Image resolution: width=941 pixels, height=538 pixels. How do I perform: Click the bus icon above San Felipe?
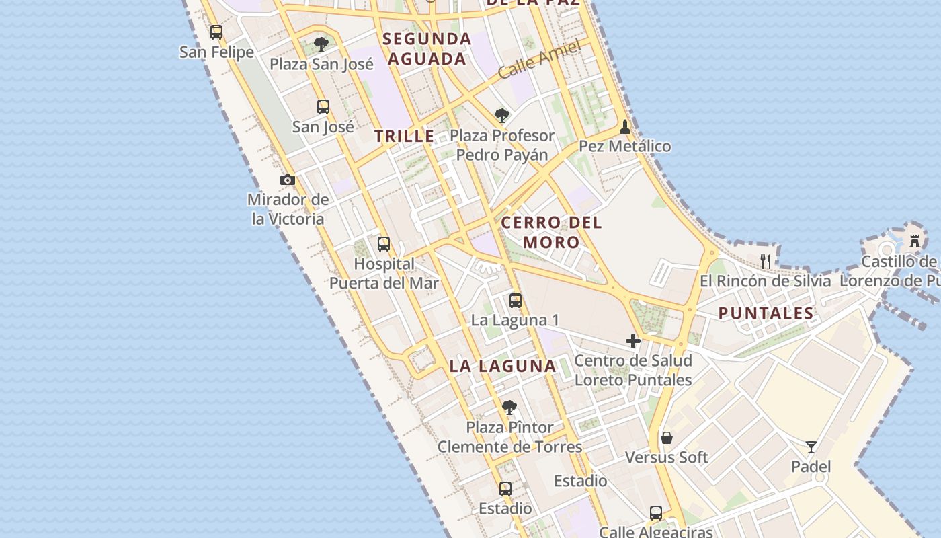click(x=216, y=32)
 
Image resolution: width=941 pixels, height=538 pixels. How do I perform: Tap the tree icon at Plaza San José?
click(x=321, y=44)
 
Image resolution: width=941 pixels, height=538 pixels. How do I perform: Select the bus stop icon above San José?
click(x=323, y=106)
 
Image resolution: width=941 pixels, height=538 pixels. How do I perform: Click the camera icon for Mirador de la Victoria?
click(x=288, y=180)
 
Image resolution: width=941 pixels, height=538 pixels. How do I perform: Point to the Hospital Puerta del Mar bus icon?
click(x=384, y=244)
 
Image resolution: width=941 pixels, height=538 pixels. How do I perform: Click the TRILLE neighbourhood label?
click(x=404, y=136)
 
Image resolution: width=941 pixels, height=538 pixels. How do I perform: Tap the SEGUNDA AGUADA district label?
click(x=427, y=48)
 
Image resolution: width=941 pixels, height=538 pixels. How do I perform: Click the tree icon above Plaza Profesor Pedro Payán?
click(x=501, y=116)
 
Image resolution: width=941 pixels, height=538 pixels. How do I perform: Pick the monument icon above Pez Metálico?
click(x=625, y=126)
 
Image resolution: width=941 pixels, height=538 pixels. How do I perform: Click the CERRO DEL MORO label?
click(x=552, y=232)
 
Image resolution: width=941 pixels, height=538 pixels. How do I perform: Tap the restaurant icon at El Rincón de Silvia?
click(x=765, y=261)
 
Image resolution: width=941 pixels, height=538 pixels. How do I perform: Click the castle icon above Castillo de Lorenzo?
click(x=915, y=241)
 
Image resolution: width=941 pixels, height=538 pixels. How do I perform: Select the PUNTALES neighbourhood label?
click(x=766, y=313)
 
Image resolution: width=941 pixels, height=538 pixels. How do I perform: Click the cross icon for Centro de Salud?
click(x=632, y=341)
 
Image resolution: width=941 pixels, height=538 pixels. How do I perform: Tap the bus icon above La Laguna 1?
click(x=516, y=301)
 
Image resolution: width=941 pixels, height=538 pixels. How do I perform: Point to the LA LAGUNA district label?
click(x=503, y=367)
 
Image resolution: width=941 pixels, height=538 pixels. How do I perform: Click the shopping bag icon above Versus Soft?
click(x=667, y=438)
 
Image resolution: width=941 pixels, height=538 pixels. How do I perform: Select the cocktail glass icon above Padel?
click(x=811, y=447)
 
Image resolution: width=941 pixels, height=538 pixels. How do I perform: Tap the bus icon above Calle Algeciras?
click(x=656, y=513)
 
